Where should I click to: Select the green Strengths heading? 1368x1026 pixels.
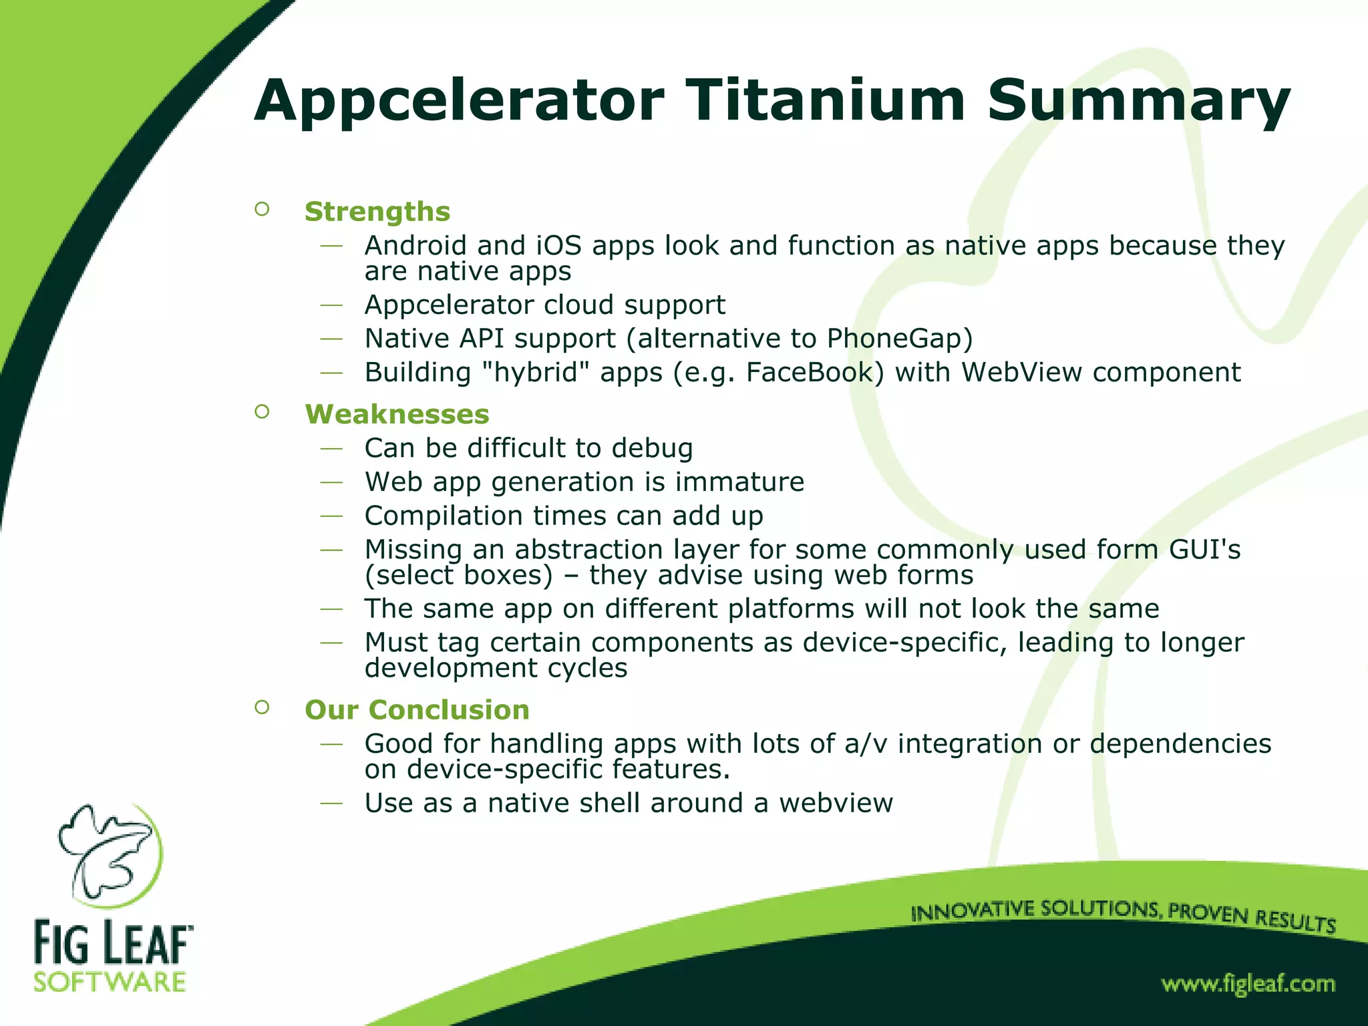377,212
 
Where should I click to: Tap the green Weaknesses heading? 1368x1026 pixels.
397,414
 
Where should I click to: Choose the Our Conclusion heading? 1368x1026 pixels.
417,709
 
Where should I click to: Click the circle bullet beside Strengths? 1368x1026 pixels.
262,210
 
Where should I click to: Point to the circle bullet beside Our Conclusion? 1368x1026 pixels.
262,707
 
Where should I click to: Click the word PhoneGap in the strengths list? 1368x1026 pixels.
899,339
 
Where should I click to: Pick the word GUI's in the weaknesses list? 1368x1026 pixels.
1204,550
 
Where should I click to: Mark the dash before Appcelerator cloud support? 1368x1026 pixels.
331,305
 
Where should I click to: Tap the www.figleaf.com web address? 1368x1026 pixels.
1248,984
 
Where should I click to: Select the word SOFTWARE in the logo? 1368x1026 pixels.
110,982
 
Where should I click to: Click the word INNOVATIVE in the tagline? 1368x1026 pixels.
963,911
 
